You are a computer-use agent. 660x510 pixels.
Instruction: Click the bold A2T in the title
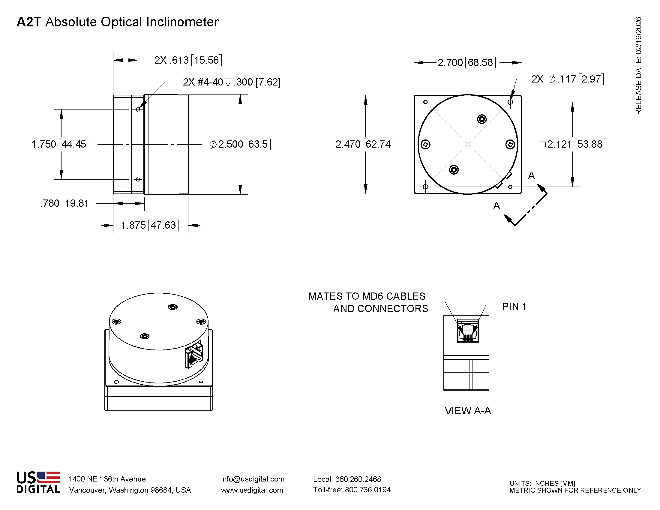click(29, 22)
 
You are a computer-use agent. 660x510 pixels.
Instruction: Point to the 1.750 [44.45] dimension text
click(60, 144)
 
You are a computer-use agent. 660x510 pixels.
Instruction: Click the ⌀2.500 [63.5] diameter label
click(240, 144)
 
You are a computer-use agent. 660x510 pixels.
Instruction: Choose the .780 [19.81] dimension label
click(66, 203)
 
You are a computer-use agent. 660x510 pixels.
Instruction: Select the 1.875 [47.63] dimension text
click(150, 225)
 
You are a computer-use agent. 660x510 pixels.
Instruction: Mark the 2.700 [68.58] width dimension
click(466, 62)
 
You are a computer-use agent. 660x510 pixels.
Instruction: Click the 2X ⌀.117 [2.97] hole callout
click(567, 79)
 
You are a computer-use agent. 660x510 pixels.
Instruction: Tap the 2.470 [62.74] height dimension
click(364, 144)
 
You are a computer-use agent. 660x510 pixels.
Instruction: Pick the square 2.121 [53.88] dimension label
click(572, 144)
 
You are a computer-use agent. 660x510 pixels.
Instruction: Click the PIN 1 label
click(514, 306)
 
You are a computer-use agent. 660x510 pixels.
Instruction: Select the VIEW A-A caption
click(467, 411)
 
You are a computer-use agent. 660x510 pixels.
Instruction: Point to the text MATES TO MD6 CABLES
click(367, 296)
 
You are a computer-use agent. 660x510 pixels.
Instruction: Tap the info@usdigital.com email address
click(253, 479)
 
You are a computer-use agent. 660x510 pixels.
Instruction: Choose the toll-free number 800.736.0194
click(367, 490)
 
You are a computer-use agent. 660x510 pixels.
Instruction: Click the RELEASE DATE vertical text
click(638, 66)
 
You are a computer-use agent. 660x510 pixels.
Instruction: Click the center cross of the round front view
click(468, 144)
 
